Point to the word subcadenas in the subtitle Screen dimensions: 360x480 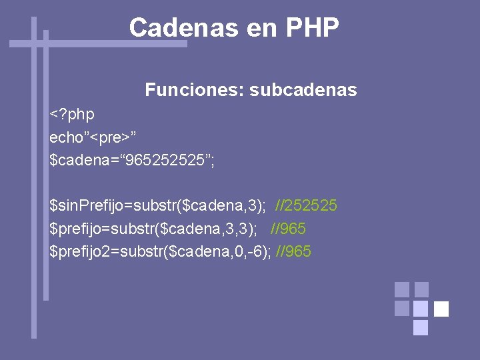tap(303, 89)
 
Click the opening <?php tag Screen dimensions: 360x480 tap(72, 115)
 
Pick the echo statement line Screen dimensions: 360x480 tap(93, 137)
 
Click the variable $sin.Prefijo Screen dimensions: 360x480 tap(93, 205)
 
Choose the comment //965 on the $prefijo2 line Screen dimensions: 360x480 tap(293, 251)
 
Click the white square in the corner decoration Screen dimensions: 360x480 tap(441, 309)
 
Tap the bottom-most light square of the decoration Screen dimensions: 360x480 tap(421, 327)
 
